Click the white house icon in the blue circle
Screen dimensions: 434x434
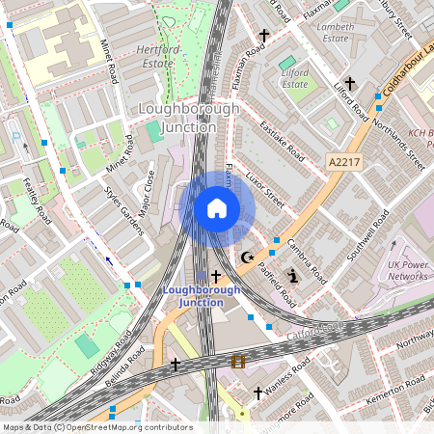217,208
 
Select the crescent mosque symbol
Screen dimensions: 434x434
248,258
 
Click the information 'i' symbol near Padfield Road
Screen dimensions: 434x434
294,276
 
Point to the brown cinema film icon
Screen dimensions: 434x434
238,363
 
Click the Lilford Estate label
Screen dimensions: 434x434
294,78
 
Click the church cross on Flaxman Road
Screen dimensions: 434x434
261,33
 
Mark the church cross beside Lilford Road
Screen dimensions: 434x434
351,84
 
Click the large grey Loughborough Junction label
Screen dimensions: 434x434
189,119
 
